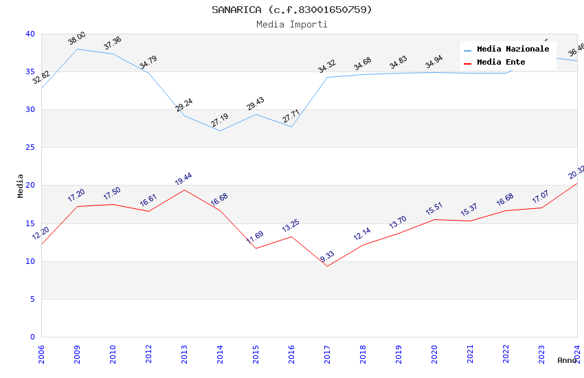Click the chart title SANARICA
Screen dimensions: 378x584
click(x=291, y=10)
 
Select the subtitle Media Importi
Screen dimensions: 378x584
click(x=291, y=24)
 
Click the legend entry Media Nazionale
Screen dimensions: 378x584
click(x=513, y=49)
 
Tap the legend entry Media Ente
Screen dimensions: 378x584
click(x=501, y=63)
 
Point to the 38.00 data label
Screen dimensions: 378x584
click(x=77, y=38)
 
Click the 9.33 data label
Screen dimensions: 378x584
click(x=327, y=257)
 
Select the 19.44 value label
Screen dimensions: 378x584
click(x=183, y=179)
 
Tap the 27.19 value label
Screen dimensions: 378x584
click(x=220, y=121)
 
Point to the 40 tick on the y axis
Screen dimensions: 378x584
click(x=30, y=34)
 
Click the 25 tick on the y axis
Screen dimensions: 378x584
click(x=30, y=148)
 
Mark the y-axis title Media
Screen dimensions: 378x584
click(x=21, y=186)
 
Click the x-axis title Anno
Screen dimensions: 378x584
click(x=567, y=360)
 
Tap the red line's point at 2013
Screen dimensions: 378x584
click(x=184, y=190)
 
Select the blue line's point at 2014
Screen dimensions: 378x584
click(x=220, y=131)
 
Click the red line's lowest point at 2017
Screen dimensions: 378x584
click(x=327, y=266)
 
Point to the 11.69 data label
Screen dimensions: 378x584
click(x=255, y=238)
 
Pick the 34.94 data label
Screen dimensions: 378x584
click(x=434, y=63)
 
